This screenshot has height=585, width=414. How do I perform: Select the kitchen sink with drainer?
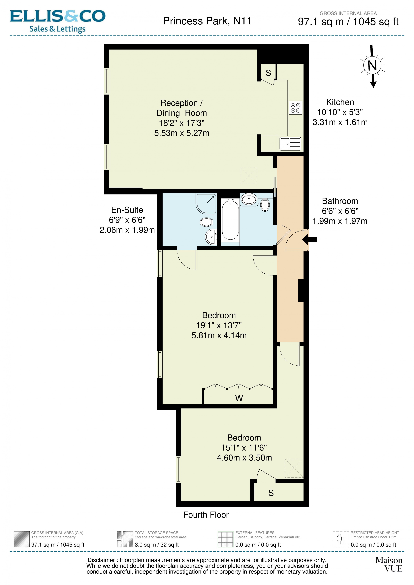point(290,144)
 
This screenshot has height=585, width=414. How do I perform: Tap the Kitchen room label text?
point(340,102)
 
